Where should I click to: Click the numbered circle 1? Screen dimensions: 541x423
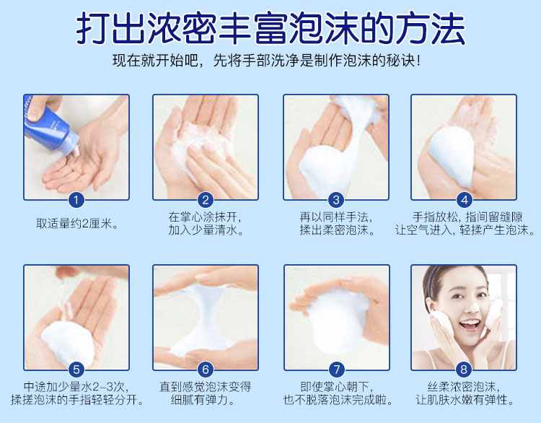76,200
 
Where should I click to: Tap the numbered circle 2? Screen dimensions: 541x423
206,200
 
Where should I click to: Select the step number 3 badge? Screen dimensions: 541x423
336,200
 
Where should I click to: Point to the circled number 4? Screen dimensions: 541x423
464,200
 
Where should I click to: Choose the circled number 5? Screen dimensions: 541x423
76,370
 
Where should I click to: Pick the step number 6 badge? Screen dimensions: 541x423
206,370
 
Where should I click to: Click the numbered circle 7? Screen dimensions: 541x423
336,370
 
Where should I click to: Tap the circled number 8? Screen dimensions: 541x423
464,370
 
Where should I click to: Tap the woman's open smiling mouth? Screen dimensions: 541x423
470,324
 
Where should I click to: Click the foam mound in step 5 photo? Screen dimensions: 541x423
68,342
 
